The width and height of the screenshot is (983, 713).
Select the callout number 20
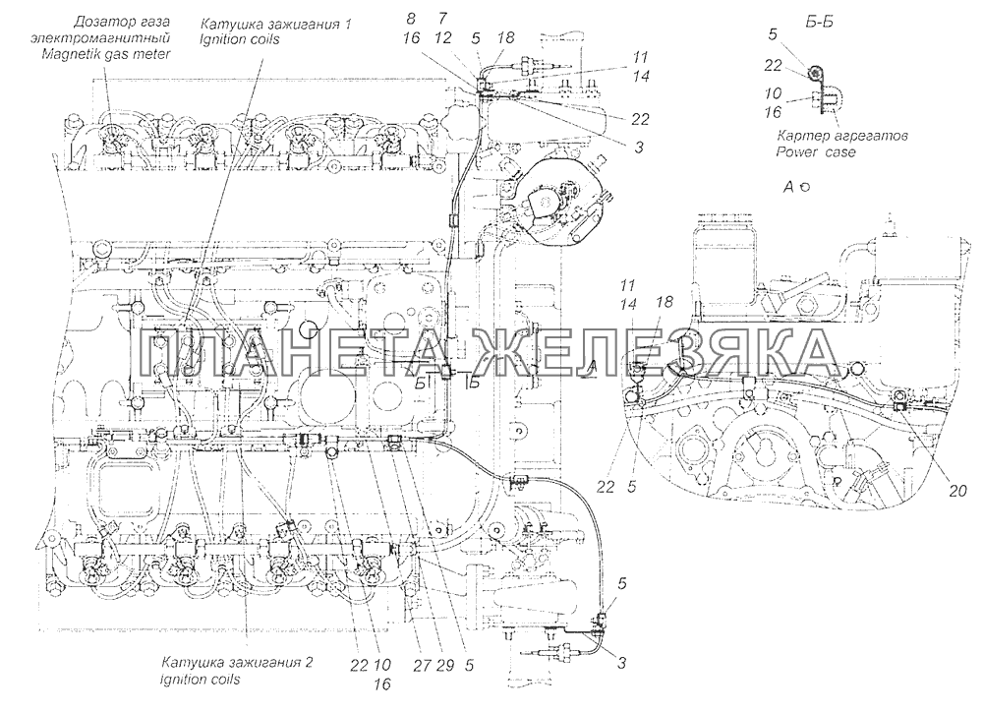(956, 491)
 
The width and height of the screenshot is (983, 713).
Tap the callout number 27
(423, 665)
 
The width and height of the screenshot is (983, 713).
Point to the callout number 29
(444, 665)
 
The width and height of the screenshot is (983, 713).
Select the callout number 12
(442, 38)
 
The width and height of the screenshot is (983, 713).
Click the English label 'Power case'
(815, 151)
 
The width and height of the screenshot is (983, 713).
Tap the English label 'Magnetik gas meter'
(106, 54)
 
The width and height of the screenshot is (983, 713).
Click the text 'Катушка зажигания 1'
(276, 24)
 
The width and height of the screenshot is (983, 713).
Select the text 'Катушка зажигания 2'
(238, 662)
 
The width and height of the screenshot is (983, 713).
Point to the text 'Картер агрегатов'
(842, 135)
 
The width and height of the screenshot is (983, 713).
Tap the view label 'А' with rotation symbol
(797, 186)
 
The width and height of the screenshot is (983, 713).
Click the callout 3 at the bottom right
(621, 663)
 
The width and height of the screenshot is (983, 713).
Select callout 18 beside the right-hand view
(664, 302)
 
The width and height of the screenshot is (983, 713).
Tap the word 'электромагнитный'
(100, 38)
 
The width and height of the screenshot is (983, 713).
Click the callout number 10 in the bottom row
(383, 665)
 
